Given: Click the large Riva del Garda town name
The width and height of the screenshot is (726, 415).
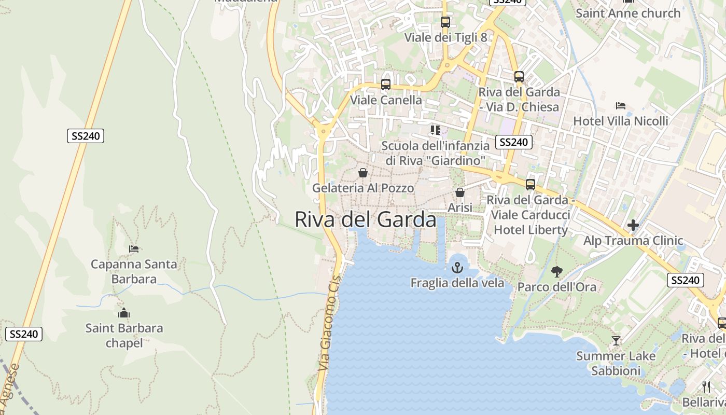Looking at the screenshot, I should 366,219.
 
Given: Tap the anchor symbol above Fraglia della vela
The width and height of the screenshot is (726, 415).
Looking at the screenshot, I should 457,268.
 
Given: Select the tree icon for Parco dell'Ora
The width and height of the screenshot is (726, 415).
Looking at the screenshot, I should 557,271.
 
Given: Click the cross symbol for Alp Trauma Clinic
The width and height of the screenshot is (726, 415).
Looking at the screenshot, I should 633,225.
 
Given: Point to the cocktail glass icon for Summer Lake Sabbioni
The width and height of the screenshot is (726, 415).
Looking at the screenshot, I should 616,341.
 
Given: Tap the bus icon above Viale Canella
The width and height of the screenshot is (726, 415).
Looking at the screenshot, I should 385,85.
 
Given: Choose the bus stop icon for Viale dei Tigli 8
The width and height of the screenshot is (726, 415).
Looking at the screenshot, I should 445,22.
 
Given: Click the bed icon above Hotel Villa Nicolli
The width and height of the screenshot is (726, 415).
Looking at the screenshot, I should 620,106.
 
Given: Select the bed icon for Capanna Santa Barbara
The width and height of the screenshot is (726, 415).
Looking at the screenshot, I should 134,249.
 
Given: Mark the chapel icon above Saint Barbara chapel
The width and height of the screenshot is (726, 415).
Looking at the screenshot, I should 123,313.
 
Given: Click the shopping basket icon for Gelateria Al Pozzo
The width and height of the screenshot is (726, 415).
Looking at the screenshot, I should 363,173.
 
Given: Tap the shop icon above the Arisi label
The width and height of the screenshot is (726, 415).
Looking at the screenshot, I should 459,192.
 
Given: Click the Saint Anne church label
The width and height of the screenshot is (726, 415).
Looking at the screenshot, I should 628,13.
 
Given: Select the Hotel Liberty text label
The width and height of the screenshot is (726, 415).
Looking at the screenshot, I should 531,229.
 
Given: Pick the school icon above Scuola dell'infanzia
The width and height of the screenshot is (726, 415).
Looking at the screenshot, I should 435,130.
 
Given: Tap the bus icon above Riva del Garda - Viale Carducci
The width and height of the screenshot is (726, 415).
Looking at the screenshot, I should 530,185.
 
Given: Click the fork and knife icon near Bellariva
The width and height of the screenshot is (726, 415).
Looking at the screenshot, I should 706,386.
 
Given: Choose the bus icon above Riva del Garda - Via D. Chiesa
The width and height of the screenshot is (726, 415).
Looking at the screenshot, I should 519,77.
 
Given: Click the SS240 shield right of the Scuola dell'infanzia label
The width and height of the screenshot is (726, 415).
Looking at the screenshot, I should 513,142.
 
